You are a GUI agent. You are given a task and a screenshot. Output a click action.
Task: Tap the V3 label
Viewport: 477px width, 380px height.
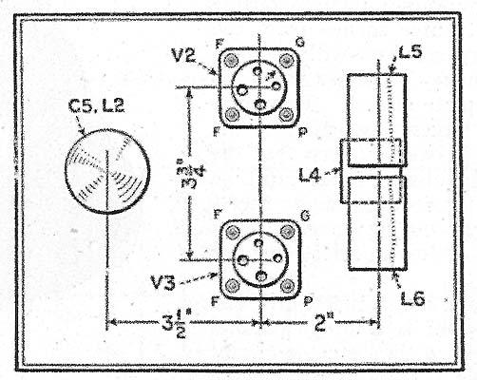click(x=163, y=282)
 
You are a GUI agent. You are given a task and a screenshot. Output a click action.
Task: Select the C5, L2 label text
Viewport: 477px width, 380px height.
click(x=96, y=105)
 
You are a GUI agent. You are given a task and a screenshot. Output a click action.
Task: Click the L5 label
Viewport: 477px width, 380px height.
click(x=410, y=51)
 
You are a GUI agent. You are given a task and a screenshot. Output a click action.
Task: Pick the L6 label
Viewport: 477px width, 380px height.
click(x=412, y=298)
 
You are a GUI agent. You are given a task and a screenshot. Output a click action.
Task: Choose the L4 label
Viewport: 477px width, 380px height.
click(x=310, y=175)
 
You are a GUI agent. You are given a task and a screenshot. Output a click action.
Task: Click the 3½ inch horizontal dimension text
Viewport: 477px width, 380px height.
click(x=175, y=325)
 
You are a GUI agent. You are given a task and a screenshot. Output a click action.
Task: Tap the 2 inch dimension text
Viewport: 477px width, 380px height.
click(x=322, y=322)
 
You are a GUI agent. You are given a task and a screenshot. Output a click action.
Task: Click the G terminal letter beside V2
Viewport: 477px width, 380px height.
click(x=299, y=42)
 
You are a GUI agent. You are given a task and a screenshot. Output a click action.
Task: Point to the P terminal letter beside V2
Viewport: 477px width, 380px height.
click(x=302, y=132)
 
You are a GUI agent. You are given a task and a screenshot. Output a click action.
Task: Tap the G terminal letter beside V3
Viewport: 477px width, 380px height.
click(x=304, y=216)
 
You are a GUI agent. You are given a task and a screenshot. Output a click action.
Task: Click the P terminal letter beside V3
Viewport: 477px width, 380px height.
click(x=307, y=301)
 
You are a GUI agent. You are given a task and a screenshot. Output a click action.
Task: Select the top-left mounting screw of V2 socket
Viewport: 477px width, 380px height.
click(x=232, y=60)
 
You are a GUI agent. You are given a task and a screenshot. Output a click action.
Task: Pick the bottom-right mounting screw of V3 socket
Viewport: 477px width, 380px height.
click(x=287, y=286)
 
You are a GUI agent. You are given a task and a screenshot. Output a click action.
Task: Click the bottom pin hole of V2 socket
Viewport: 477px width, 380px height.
click(x=260, y=104)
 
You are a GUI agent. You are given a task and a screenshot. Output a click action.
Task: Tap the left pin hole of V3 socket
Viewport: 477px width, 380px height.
click(x=243, y=260)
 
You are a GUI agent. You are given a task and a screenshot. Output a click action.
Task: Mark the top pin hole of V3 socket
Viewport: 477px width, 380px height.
click(x=258, y=243)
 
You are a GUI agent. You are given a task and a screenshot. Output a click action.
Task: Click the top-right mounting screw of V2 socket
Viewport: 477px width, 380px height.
click(x=286, y=60)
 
